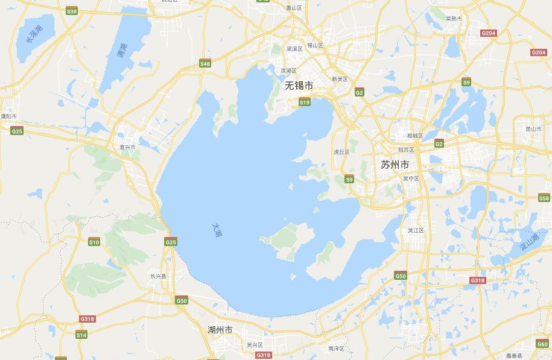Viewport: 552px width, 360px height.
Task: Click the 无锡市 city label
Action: tap(299, 86)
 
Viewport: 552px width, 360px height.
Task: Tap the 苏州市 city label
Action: tap(395, 165)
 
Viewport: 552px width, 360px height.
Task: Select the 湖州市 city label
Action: tap(220, 330)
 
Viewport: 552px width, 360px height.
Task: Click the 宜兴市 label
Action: tap(127, 147)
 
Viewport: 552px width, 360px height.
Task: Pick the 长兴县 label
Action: tap(158, 276)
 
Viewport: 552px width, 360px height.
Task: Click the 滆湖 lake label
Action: tap(122, 51)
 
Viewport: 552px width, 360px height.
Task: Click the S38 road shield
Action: tap(72, 11)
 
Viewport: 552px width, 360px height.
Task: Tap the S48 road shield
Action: tap(205, 64)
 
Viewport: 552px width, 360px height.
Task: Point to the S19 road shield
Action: tap(305, 103)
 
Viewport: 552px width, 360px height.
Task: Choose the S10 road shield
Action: tap(94, 242)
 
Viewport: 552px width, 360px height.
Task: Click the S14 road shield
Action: tap(81, 335)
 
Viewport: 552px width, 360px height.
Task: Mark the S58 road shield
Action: tap(544, 198)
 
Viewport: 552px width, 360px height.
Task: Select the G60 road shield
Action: tap(542, 344)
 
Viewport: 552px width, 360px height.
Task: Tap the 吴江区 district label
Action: tap(416, 230)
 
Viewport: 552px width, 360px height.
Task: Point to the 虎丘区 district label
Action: tap(341, 152)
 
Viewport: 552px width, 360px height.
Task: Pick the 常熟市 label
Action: tap(454, 19)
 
